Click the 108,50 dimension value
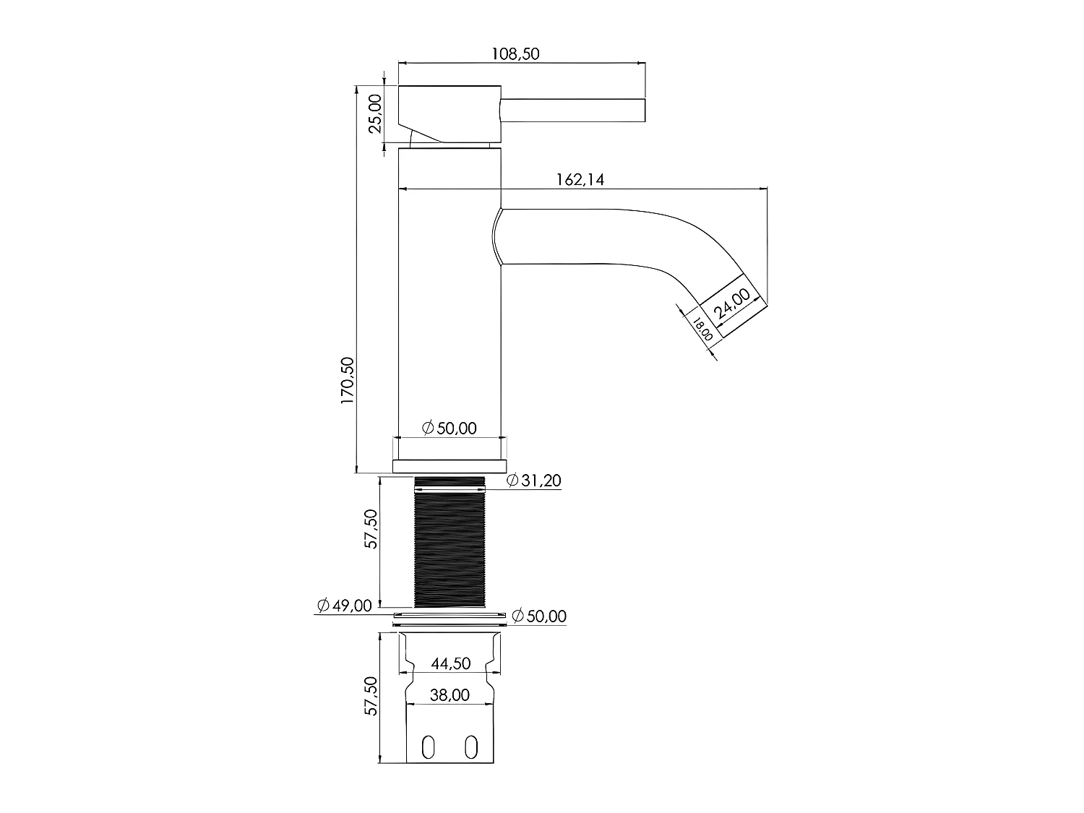coord(515,54)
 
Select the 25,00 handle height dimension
coord(375,114)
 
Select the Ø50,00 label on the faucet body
coord(449,428)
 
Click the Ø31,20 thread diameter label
coord(534,481)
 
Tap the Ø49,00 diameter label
coord(344,605)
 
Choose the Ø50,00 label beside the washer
coord(539,616)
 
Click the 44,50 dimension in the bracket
coord(450,663)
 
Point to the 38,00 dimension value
coord(449,695)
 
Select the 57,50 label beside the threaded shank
coord(371,529)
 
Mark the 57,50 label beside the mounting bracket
coord(371,697)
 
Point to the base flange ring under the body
coord(449,466)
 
